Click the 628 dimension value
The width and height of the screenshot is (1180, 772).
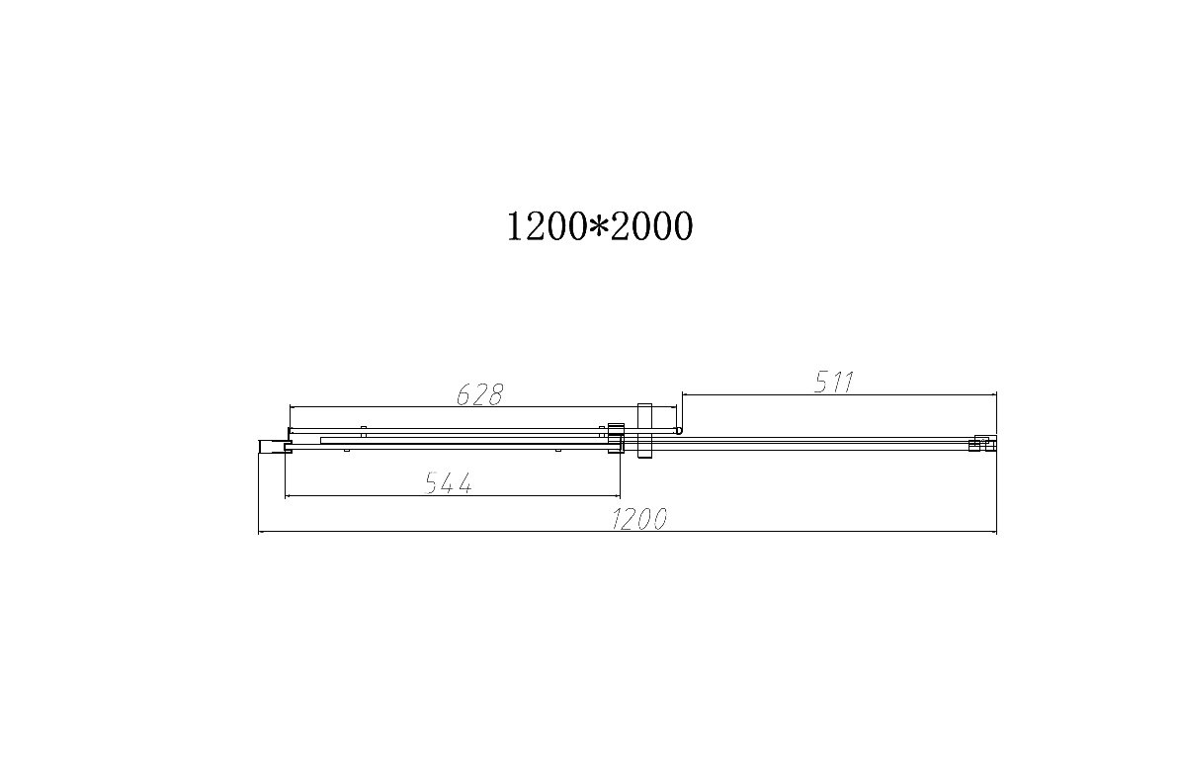[479, 394]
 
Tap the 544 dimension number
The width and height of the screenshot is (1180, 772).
[449, 482]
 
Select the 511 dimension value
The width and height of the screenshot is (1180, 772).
[834, 383]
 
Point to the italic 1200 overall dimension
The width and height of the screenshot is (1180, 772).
[638, 519]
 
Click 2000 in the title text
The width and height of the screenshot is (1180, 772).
[650, 225]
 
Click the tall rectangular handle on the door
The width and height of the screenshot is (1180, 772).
[644, 430]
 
